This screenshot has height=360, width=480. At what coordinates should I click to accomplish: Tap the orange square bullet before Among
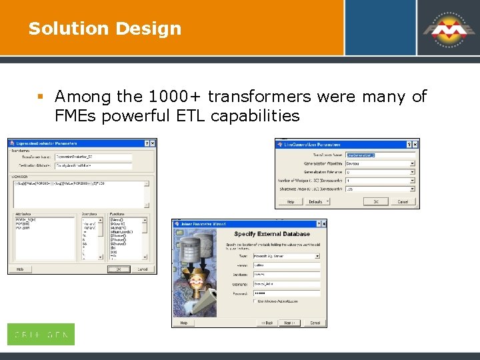tap(41, 97)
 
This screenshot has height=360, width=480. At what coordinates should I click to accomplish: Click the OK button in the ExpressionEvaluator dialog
tap(118, 269)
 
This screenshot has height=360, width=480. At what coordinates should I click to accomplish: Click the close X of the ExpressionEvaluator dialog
tap(153, 143)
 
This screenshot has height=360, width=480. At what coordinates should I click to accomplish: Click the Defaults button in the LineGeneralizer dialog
tap(315, 201)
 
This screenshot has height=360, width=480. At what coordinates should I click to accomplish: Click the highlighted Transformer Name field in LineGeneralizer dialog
tap(380, 154)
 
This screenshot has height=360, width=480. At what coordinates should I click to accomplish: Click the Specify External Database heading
tap(271, 234)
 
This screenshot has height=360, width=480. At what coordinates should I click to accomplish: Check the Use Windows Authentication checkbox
tap(255, 301)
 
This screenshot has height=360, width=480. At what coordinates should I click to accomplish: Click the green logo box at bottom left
tap(41, 334)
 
